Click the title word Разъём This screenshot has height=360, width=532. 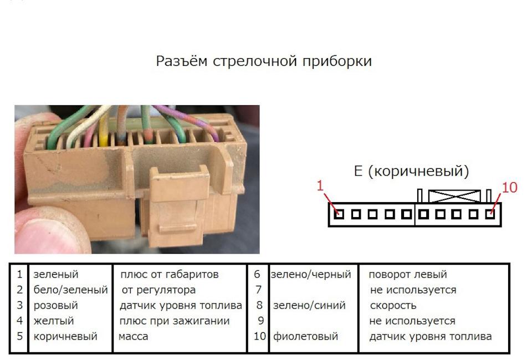182,61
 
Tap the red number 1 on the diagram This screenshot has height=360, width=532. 320,186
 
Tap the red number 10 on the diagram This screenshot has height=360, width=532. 509,187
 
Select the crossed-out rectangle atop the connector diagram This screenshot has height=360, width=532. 454,196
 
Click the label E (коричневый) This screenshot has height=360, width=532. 411,171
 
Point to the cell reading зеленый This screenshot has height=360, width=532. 56,274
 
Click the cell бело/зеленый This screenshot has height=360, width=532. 70,290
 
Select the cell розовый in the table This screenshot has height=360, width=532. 55,305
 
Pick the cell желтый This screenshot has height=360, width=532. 54,321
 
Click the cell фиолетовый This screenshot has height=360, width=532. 305,336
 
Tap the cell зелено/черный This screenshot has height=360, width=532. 311,274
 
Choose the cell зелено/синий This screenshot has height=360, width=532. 309,305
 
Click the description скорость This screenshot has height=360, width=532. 393,305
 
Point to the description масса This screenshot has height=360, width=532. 134,337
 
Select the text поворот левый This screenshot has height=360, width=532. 408,274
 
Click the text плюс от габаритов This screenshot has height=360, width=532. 170,274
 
